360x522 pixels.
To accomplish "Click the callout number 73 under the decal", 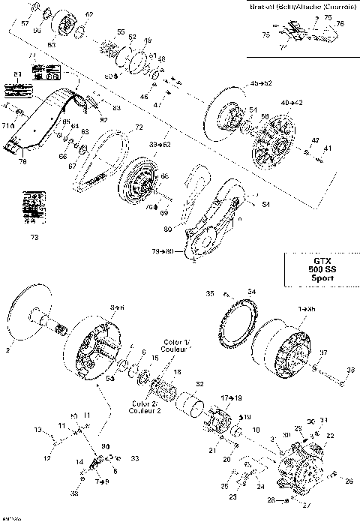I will (33, 238).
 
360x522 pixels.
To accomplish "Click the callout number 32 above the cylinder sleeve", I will (199, 383).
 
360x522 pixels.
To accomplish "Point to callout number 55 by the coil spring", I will (121, 32).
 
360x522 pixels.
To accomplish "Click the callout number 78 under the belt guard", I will (22, 161).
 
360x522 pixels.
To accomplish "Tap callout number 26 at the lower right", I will (348, 481).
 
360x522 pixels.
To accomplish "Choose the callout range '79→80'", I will (162, 251).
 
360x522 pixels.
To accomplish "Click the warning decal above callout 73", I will (32, 206).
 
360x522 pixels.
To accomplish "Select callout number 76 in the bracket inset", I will (340, 25).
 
